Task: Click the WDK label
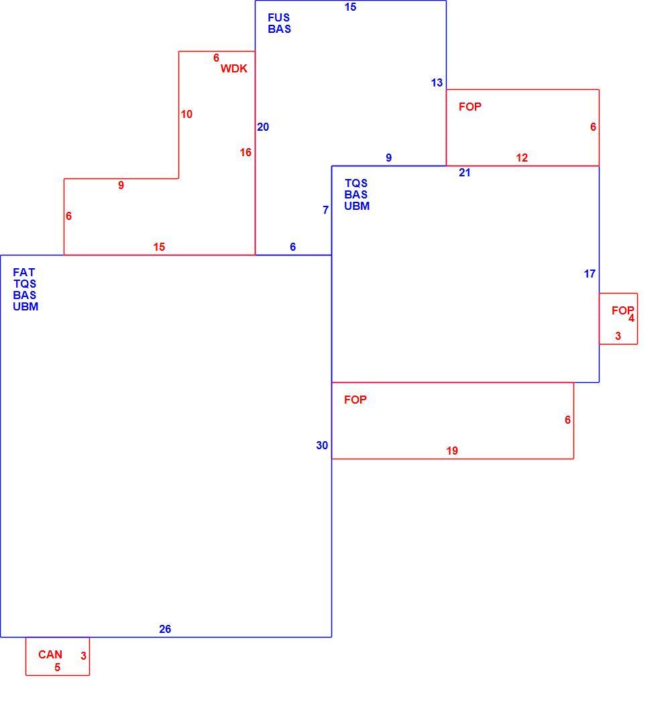pyautogui.click(x=233, y=68)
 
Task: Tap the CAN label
pyautogui.click(x=50, y=654)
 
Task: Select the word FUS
pyautogui.click(x=279, y=17)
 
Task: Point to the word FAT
pyautogui.click(x=23, y=272)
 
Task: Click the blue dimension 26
pyautogui.click(x=165, y=629)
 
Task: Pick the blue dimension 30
pyautogui.click(x=322, y=445)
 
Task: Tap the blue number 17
pyautogui.click(x=590, y=274)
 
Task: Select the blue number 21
pyautogui.click(x=465, y=173)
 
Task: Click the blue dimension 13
pyautogui.click(x=437, y=83)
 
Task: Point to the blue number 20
pyautogui.click(x=263, y=127)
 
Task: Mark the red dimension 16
pyautogui.click(x=245, y=153)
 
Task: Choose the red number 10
pyautogui.click(x=187, y=115)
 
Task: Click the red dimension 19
pyautogui.click(x=452, y=451)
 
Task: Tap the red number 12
pyautogui.click(x=522, y=158)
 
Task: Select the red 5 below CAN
pyautogui.click(x=58, y=668)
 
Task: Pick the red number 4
pyautogui.click(x=631, y=318)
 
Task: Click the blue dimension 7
pyautogui.click(x=325, y=210)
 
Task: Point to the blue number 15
pyautogui.click(x=350, y=7)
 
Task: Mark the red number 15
pyautogui.click(x=159, y=247)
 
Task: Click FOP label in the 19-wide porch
pyautogui.click(x=355, y=400)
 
